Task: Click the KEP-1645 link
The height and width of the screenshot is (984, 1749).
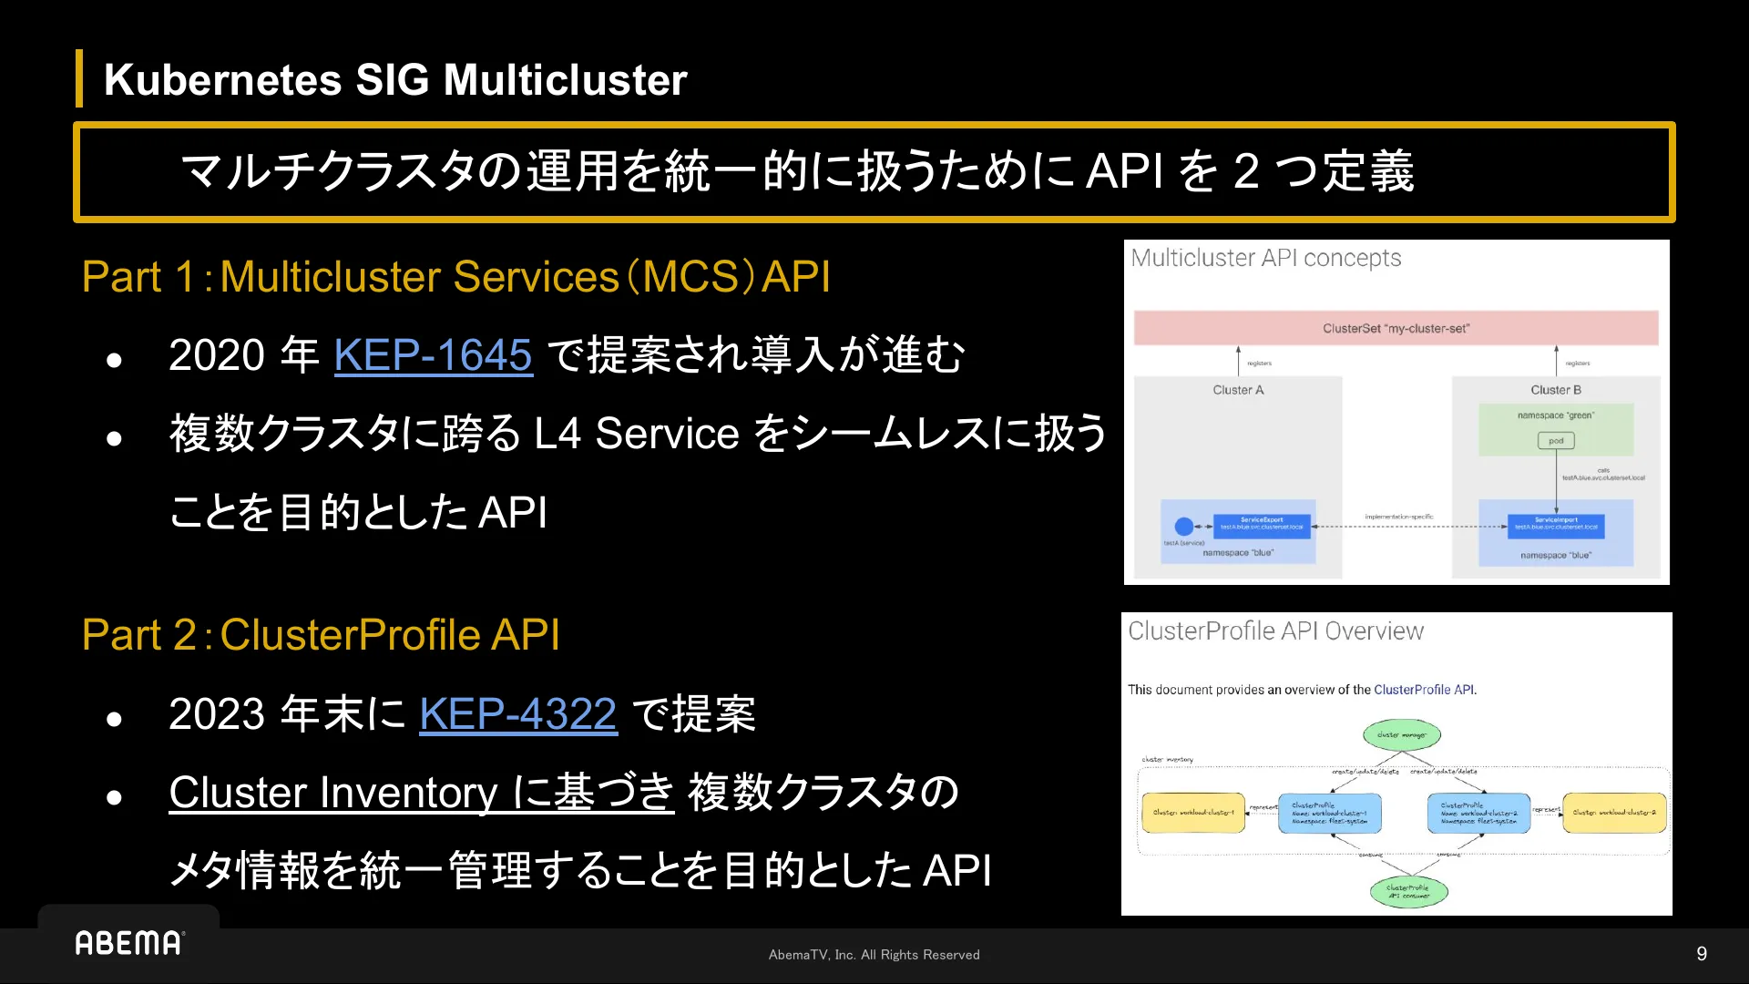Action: pyautogui.click(x=433, y=355)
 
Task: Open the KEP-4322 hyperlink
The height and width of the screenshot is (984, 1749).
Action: pyautogui.click(x=517, y=713)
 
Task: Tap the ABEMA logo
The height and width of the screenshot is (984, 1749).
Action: pyautogui.click(x=129, y=943)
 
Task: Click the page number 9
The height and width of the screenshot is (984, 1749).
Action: pyautogui.click(x=1701, y=954)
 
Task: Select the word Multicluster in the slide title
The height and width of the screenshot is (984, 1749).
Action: pyautogui.click(x=565, y=80)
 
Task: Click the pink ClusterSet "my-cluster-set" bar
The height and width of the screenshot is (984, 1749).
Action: pyautogui.click(x=1396, y=328)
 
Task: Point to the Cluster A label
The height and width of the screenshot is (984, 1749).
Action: pyautogui.click(x=1238, y=390)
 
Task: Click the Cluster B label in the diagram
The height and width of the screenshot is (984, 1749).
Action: pyautogui.click(x=1555, y=390)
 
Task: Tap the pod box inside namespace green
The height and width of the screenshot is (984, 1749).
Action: pyautogui.click(x=1556, y=441)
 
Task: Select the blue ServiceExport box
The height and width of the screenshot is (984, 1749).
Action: pyautogui.click(x=1262, y=524)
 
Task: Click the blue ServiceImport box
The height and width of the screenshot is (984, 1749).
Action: pyautogui.click(x=1556, y=524)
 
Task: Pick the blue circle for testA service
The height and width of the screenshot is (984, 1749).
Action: pyautogui.click(x=1183, y=527)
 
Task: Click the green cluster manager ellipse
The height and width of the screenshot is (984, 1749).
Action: pyautogui.click(x=1401, y=734)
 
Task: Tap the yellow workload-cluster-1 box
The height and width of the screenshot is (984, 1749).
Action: pyautogui.click(x=1193, y=813)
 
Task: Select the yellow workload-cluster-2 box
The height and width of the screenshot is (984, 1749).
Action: pyautogui.click(x=1614, y=813)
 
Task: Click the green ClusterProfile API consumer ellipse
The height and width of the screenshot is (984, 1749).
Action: pyautogui.click(x=1408, y=891)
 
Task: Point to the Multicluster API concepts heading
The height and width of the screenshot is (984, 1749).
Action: pyautogui.click(x=1265, y=259)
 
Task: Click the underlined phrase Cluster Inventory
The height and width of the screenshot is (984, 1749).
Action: pyautogui.click(x=332, y=793)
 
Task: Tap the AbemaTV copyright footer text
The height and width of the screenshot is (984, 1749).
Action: pyautogui.click(x=874, y=955)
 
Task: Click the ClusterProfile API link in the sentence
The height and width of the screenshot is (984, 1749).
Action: pyautogui.click(x=1423, y=690)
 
